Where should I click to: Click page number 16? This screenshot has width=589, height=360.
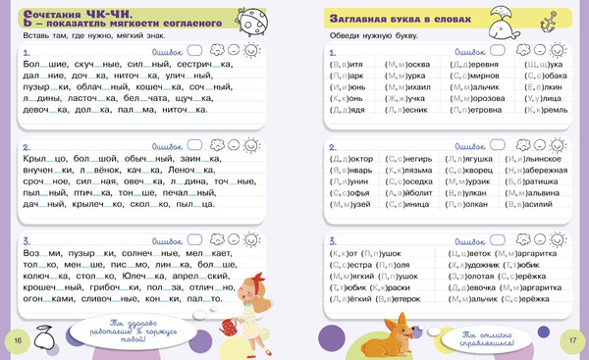tap(16, 339)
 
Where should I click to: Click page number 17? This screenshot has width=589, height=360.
tap(571, 339)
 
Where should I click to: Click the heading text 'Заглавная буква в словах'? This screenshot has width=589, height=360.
tap(393, 20)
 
